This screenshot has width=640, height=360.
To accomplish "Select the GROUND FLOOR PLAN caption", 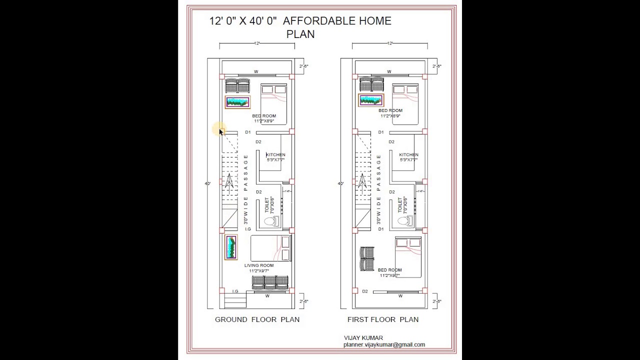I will pyautogui.click(x=257, y=319).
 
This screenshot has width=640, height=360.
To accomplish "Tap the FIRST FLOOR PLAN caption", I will pyautogui.click(x=383, y=319).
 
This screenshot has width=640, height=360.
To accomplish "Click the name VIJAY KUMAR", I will pyautogui.click(x=363, y=338).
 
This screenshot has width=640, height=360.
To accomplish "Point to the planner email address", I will pyautogui.click(x=384, y=344).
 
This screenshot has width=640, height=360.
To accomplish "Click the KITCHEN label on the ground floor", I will pyautogui.click(x=275, y=155).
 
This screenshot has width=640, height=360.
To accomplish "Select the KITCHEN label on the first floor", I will pyautogui.click(x=408, y=155).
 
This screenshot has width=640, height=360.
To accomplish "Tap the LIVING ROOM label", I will pyautogui.click(x=259, y=265).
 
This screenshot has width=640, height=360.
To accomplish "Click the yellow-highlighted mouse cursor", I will pyautogui.click(x=220, y=130).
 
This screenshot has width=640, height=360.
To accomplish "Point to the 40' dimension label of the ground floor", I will pyautogui.click(x=207, y=183).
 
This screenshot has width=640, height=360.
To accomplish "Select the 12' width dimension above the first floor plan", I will pyautogui.click(x=389, y=43).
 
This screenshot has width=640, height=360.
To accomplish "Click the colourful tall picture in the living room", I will pyautogui.click(x=231, y=247).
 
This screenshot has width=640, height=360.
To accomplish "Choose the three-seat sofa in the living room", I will pyautogui.click(x=270, y=282).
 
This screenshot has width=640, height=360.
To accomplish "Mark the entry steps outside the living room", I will pyautogui.click(x=235, y=301).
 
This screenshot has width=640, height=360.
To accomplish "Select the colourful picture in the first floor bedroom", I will pyautogui.click(x=370, y=100).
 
